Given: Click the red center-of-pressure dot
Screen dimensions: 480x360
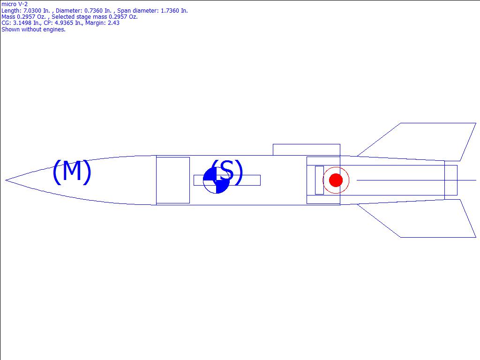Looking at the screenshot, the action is (336, 180).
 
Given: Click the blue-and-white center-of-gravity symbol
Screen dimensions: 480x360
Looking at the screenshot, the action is (216, 180).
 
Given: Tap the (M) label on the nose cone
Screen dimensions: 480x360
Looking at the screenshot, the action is (72, 172).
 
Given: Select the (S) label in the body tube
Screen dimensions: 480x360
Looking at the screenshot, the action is (227, 172).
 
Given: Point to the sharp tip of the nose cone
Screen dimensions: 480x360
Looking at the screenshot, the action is (6, 180).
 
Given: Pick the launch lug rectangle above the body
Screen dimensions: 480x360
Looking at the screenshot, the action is (307, 150).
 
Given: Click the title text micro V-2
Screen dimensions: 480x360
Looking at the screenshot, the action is (15, 4).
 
